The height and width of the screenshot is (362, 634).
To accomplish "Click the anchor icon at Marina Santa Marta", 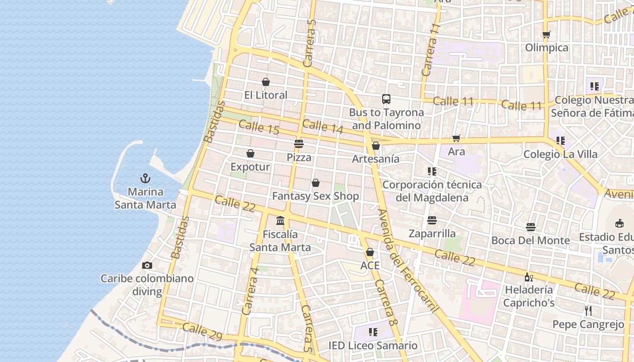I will [145, 178].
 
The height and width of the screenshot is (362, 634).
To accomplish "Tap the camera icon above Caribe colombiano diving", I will [147, 265].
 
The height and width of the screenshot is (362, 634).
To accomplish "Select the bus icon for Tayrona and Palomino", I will [386, 99].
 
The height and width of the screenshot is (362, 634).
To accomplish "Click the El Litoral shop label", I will [266, 95].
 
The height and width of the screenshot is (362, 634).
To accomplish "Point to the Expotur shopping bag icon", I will [250, 153].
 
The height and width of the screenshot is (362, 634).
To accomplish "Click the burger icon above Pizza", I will [298, 144].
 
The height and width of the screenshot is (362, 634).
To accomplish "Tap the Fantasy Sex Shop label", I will [315, 196].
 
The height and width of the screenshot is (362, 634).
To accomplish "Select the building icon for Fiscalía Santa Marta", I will [280, 221].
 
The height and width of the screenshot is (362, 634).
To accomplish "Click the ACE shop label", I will [370, 266].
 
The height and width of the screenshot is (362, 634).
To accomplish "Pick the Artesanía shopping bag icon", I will [375, 146].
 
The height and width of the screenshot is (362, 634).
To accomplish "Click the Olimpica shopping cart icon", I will [547, 34].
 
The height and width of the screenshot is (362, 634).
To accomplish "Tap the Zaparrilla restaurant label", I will [432, 233].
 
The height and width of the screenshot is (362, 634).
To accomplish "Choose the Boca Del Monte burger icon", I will [531, 227].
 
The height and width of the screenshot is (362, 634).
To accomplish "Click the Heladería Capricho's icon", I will [528, 276].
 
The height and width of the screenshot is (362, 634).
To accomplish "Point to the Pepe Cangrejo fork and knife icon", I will [588, 311].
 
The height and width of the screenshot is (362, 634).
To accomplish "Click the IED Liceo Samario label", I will [373, 346].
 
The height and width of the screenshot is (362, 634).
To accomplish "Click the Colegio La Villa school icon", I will [561, 141].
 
